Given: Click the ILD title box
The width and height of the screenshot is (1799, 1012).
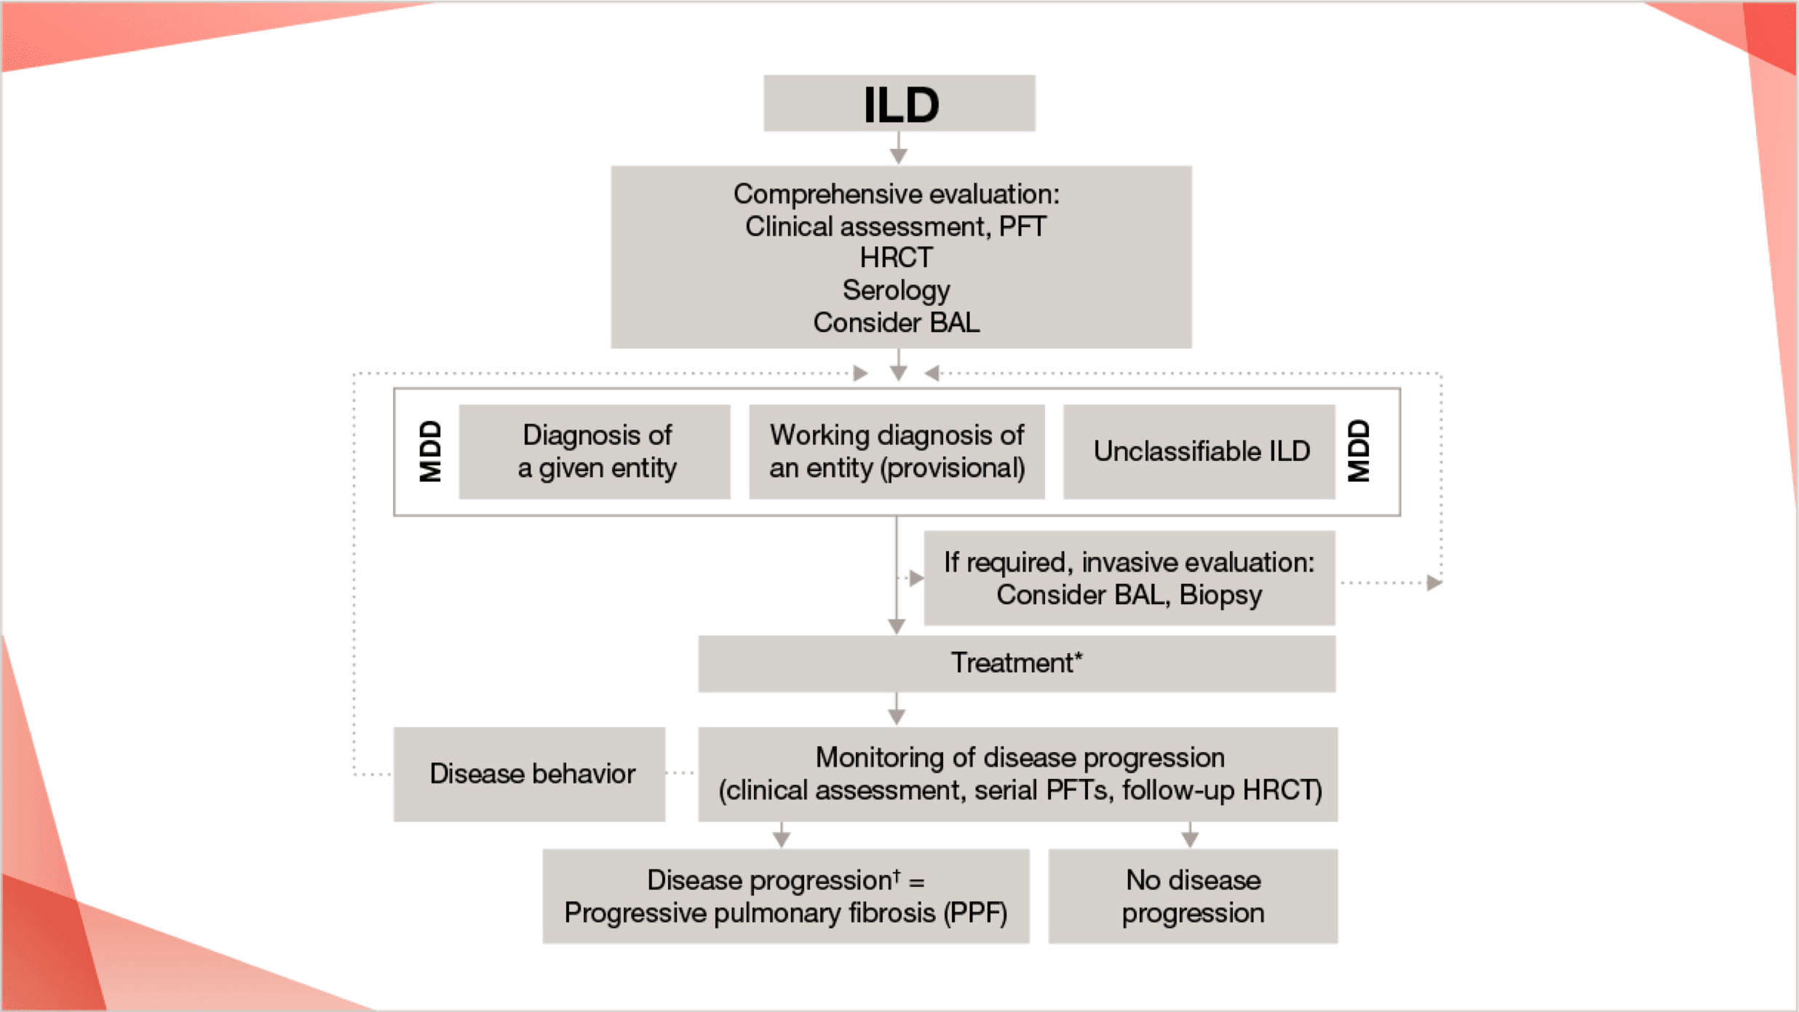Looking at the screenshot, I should (899, 103).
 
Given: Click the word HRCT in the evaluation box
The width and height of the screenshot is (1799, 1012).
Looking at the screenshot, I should (896, 258).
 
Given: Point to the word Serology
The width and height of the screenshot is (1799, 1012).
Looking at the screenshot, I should (896, 290).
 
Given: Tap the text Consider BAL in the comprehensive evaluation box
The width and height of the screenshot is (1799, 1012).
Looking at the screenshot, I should (896, 323).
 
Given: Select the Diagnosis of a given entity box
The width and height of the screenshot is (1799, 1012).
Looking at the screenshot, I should (595, 451).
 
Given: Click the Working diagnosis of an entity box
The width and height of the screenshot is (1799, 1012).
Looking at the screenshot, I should (897, 451).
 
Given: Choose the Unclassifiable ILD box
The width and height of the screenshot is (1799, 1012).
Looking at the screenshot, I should (1199, 451).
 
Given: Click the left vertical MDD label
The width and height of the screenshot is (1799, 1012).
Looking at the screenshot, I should (430, 451).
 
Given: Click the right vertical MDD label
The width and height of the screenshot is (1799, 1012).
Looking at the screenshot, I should (1358, 451).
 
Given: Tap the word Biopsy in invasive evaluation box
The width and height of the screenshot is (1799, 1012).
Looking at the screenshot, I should (1220, 596).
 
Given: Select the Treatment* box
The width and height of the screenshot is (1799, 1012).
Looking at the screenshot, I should (1017, 663).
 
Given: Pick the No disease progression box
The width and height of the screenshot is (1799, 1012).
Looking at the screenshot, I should (1193, 896).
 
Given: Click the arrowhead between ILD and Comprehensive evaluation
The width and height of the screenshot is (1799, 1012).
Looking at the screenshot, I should (899, 156).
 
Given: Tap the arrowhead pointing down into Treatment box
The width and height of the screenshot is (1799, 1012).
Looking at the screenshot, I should (897, 626).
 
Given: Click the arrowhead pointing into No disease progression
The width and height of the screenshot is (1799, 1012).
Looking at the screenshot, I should (1190, 840).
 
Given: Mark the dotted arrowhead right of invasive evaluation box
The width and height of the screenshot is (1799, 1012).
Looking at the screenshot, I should (1434, 582).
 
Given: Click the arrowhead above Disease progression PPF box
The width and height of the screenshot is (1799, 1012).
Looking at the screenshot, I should (782, 840).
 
